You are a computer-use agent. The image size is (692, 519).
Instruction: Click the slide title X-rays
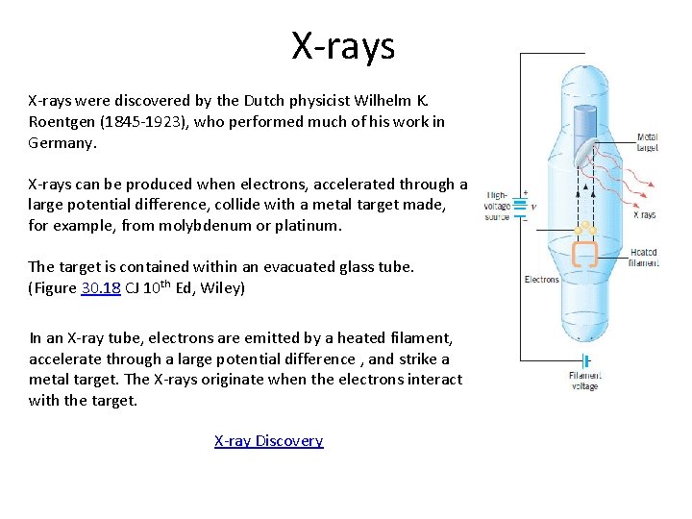point(343,45)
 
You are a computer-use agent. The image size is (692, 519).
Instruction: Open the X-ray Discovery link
point(268,441)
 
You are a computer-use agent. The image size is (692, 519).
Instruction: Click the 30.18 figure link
point(100,287)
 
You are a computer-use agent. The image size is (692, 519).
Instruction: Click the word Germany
point(62,143)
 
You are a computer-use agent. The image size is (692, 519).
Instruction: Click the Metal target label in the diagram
point(647,143)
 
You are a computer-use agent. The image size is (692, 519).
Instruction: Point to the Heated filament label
point(643,256)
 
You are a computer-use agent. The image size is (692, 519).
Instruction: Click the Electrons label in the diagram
point(541,280)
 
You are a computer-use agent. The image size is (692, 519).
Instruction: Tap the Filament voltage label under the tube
point(583,381)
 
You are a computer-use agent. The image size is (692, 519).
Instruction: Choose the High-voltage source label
point(498,205)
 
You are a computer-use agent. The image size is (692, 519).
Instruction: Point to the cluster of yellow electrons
point(584,229)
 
